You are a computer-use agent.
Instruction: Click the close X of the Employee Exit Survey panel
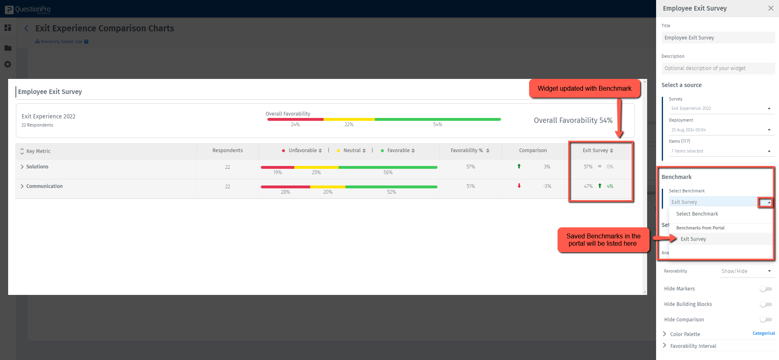[770, 8]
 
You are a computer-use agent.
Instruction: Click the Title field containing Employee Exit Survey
[718, 38]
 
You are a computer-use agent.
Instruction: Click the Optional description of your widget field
[718, 68]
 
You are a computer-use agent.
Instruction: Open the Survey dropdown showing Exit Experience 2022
[720, 109]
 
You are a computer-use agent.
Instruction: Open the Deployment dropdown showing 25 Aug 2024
[720, 130]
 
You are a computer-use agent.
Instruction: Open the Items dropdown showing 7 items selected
[720, 151]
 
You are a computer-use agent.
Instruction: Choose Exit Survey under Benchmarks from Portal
[693, 239]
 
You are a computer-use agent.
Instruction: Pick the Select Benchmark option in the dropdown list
[697, 214]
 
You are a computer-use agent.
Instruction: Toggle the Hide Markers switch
[766, 289]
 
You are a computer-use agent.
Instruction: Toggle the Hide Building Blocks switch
[766, 304]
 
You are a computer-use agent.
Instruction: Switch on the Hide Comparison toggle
[766, 320]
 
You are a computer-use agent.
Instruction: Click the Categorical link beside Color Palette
[764, 334]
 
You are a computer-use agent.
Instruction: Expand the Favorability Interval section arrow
[665, 346]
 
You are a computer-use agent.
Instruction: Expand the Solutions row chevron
[22, 167]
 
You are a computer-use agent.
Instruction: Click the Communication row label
[44, 186]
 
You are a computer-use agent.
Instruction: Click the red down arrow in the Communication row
[519, 186]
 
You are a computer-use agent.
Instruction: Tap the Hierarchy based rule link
[61, 41]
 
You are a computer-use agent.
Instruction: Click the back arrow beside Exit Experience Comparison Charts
[26, 28]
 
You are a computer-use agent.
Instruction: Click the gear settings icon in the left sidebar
[8, 64]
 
